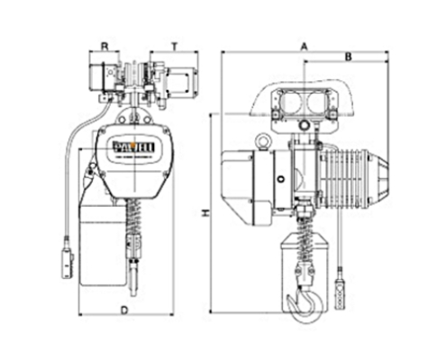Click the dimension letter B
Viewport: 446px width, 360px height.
coord(347,57)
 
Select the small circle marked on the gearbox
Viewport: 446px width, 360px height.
coord(281,180)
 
